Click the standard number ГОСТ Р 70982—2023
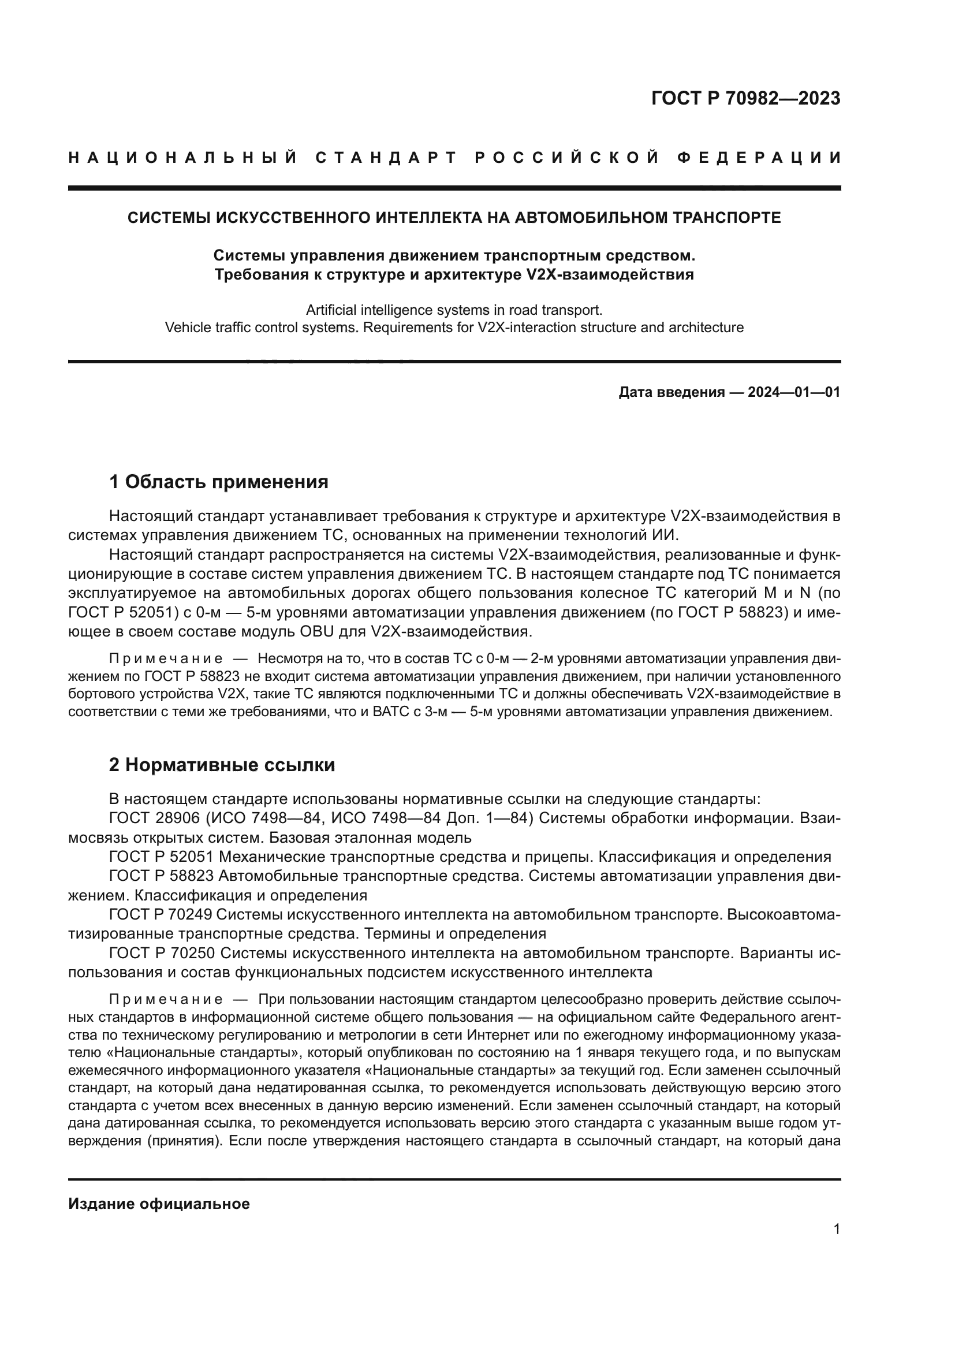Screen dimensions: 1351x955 (745, 98)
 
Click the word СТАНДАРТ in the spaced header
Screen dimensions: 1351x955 (386, 158)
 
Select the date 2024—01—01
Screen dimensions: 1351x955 (794, 392)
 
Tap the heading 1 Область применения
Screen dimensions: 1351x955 (219, 482)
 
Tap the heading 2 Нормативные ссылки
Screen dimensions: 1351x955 (222, 765)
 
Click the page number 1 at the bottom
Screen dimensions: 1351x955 (837, 1229)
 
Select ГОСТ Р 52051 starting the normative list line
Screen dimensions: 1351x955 (162, 857)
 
